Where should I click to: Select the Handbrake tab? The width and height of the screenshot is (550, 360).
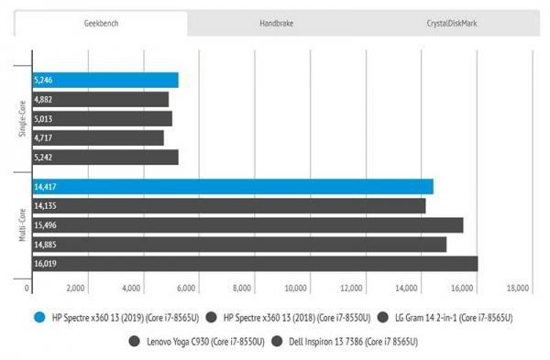(276, 22)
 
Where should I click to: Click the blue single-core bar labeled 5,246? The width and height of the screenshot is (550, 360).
(104, 80)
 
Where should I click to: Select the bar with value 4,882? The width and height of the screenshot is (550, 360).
(100, 99)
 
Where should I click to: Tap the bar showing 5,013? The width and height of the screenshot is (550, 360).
(102, 118)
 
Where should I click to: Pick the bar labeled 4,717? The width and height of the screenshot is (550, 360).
(97, 137)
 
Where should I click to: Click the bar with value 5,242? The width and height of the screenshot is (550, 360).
(104, 157)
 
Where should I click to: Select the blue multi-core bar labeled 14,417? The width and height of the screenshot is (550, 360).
(232, 187)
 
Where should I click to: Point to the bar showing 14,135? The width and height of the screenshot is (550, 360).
(228, 206)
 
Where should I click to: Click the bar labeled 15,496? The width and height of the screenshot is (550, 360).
(247, 225)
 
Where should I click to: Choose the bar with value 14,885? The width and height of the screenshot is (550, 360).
(238, 245)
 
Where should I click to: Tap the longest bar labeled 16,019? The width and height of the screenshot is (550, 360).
(254, 264)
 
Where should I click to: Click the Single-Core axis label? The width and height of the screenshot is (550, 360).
(21, 119)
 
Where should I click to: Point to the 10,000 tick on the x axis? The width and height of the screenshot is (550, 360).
(297, 288)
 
